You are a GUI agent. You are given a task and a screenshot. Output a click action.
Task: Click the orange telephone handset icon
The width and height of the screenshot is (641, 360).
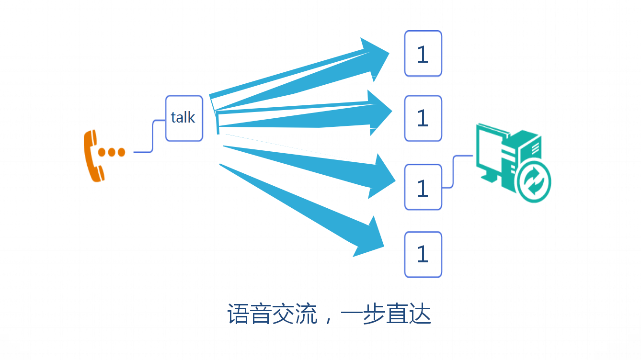(92, 156)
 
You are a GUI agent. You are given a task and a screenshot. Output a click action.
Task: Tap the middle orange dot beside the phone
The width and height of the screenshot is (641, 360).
(112, 152)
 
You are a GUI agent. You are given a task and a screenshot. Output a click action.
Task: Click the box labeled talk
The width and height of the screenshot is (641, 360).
(184, 118)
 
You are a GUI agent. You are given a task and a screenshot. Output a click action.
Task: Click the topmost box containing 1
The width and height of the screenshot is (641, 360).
(423, 54)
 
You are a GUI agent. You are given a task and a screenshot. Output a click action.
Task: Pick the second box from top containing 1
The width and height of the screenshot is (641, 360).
(423, 118)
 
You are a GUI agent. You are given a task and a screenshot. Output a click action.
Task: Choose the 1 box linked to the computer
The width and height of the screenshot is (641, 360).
(423, 187)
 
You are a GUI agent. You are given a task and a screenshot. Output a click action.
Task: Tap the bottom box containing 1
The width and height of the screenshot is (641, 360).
(423, 254)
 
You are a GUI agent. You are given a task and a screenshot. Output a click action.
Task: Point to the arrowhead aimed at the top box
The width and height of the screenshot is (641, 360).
(376, 56)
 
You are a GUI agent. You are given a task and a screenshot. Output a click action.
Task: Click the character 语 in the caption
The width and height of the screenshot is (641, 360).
(238, 314)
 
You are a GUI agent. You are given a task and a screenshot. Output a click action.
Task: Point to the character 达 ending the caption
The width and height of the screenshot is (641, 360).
(420, 314)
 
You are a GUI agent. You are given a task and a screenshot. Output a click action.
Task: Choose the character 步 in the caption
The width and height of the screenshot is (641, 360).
(374, 314)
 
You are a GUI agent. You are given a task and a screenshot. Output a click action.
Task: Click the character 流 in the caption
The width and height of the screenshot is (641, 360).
(306, 314)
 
